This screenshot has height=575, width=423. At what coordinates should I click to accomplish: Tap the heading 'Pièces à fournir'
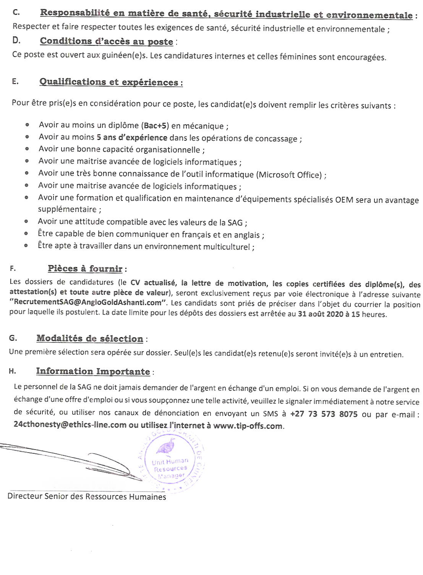click(x=85, y=269)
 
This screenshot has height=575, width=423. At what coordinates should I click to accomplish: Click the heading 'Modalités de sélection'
click(x=90, y=339)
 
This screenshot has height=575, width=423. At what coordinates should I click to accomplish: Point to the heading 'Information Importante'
click(x=93, y=371)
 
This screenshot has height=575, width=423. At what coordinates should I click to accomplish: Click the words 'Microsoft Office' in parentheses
click(x=290, y=175)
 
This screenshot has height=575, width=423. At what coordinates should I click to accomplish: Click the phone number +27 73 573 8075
click(x=324, y=414)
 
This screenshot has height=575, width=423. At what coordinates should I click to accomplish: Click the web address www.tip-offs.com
click(x=248, y=426)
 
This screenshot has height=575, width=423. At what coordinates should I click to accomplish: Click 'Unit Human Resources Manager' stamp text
click(x=170, y=468)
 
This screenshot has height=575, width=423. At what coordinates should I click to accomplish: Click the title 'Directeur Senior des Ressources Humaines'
click(x=87, y=497)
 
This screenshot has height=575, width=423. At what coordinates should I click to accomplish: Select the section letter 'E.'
click(x=15, y=81)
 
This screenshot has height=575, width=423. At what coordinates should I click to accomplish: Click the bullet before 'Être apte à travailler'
click(x=26, y=246)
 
